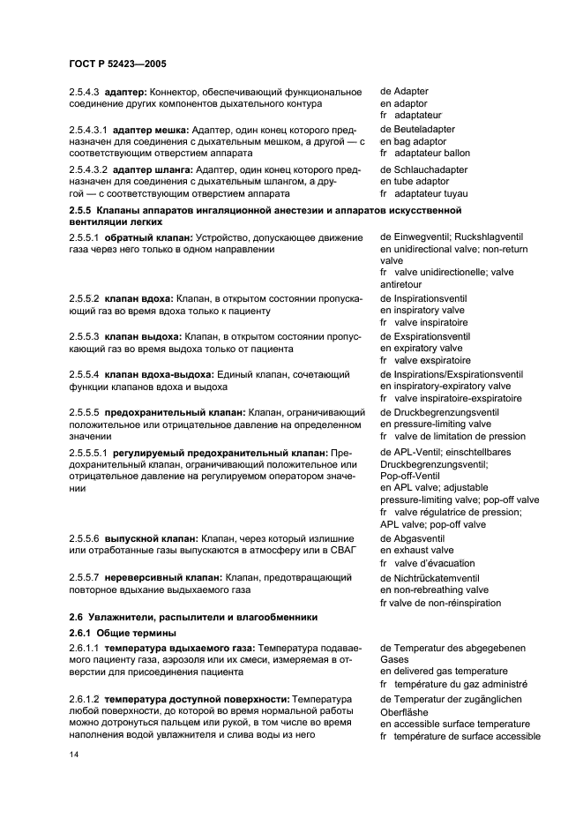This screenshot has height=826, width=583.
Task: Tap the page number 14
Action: point(73,755)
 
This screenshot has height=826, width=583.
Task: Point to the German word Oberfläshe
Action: point(409,711)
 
